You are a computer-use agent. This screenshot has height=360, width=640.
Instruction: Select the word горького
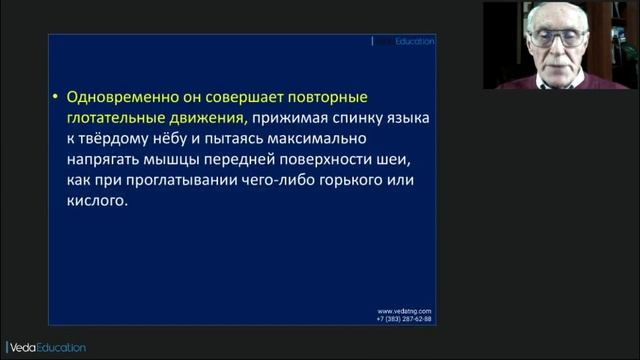tap(332, 179)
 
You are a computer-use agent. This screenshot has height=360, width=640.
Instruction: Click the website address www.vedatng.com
tap(404, 311)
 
